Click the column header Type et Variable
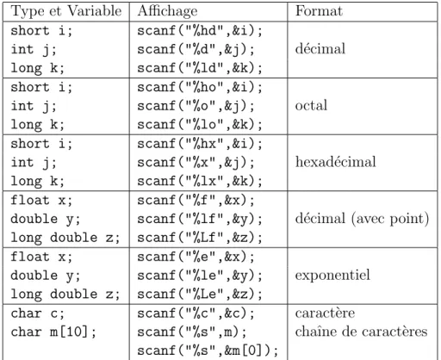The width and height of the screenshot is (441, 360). tap(66, 11)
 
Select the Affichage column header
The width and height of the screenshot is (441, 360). tap(168, 11)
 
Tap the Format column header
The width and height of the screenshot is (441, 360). tap(319, 11)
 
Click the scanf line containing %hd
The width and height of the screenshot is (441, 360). tap(200, 31)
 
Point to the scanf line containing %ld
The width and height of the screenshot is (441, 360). tap(200, 68)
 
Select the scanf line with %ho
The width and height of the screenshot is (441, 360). tap(200, 87)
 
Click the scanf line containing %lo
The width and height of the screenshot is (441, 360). tap(200, 125)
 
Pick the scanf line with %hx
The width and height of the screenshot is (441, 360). tap(200, 144)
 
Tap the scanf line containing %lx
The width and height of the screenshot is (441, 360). tap(200, 181)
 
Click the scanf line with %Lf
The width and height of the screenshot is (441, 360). tap(200, 238)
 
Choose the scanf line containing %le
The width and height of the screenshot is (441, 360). tap(200, 276)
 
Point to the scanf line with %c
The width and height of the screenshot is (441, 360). tap(196, 313)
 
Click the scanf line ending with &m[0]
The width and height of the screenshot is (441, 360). tap(208, 351)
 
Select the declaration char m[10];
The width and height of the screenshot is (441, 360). tap(53, 332)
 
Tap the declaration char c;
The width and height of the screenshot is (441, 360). tap(38, 313)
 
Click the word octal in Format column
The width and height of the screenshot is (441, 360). tap(311, 105)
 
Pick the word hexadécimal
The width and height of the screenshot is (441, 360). tap(336, 162)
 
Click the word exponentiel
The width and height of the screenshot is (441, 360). tap(332, 276)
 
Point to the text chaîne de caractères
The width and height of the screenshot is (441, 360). tap(361, 332)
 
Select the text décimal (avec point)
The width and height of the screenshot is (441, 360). tap(363, 219)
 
